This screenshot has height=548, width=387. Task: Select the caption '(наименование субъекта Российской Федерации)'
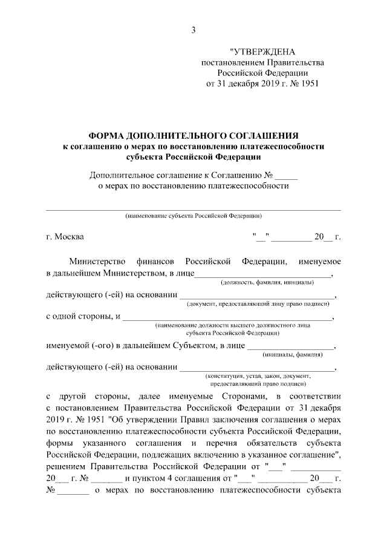tap(193, 216)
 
